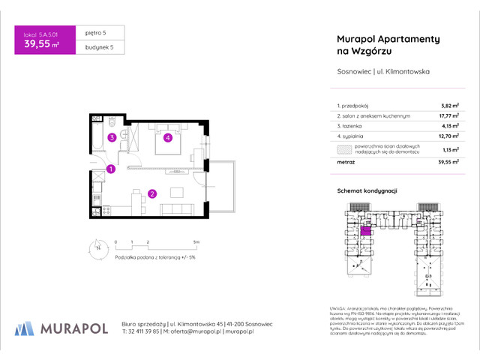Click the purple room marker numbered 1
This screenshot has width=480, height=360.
point(110,169)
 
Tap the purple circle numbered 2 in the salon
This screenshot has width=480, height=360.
point(151,194)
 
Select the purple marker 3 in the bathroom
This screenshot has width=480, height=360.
point(110,137)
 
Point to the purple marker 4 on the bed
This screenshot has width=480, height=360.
point(169,137)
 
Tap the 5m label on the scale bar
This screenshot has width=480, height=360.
point(196,243)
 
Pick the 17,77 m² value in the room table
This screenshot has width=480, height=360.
point(448,116)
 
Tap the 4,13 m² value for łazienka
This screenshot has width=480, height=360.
point(449,127)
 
